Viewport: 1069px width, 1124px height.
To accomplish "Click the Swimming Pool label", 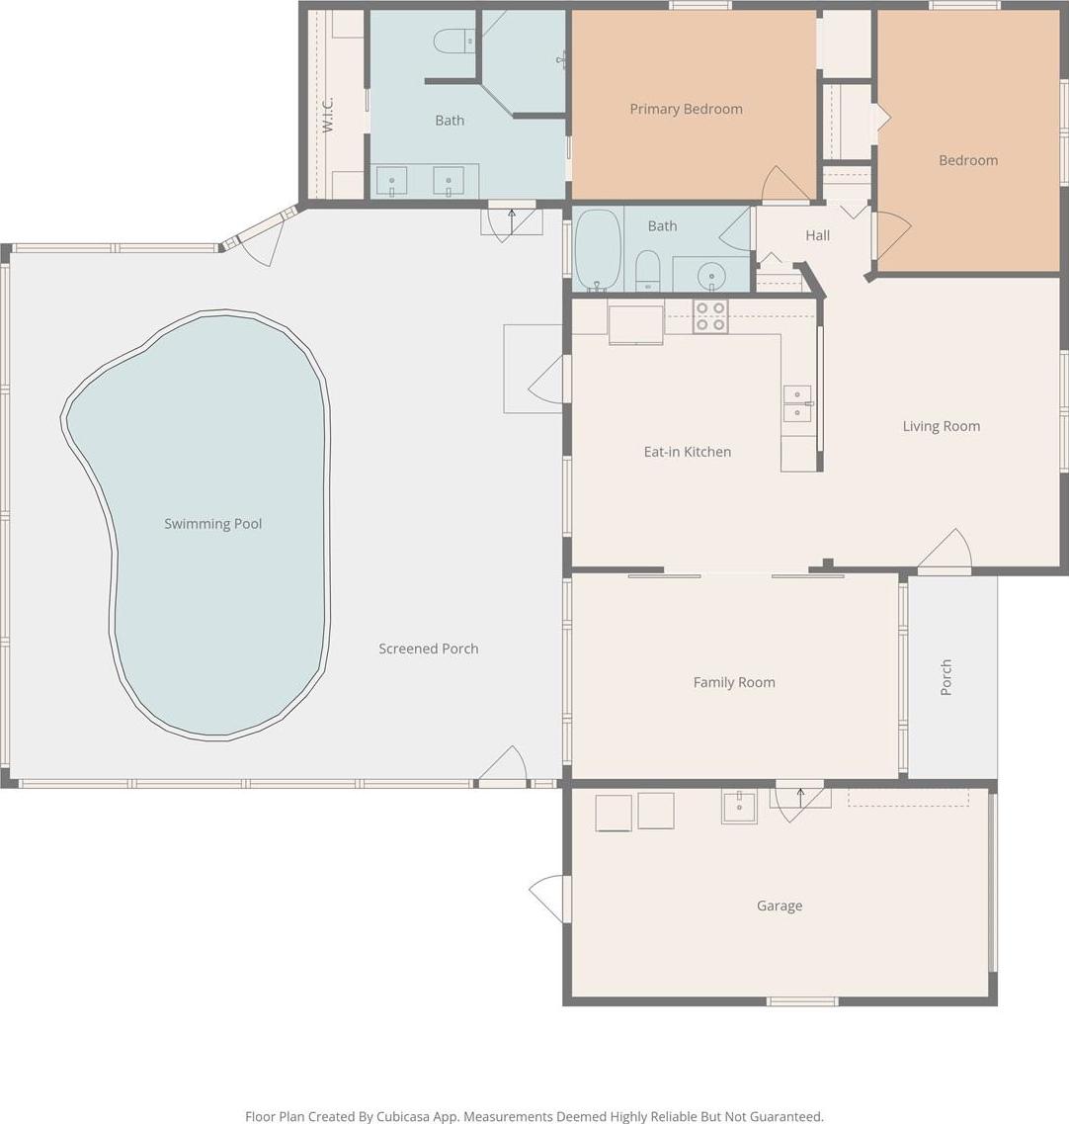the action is click(x=212, y=524).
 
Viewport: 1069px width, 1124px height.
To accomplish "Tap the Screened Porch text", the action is click(x=429, y=648).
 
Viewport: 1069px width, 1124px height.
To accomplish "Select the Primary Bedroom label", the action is click(x=686, y=109).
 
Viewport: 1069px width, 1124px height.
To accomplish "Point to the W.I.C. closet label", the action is click(x=327, y=115).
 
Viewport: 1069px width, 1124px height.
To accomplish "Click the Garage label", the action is click(x=780, y=907).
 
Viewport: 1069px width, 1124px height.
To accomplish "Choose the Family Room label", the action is click(x=734, y=682).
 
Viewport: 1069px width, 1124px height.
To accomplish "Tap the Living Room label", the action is click(x=942, y=426).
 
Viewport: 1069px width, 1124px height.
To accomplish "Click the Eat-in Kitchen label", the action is click(x=687, y=452).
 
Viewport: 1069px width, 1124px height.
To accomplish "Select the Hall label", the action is click(x=817, y=235).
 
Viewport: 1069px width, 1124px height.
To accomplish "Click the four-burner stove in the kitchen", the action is click(x=710, y=316).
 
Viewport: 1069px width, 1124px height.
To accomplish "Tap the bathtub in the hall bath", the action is click(x=598, y=250).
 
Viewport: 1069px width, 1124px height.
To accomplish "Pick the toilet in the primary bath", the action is click(x=453, y=41).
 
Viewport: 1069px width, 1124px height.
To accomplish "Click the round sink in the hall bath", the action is click(x=711, y=275).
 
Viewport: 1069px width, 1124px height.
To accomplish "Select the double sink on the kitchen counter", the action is click(x=797, y=403).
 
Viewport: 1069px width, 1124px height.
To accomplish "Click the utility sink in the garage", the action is click(x=739, y=807).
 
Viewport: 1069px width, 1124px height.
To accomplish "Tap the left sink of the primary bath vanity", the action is click(x=392, y=181).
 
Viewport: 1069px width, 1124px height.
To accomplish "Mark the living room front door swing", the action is click(x=945, y=552).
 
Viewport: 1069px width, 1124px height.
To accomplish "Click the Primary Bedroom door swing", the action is click(x=786, y=184).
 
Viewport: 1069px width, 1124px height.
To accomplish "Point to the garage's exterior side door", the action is click(x=550, y=899).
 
